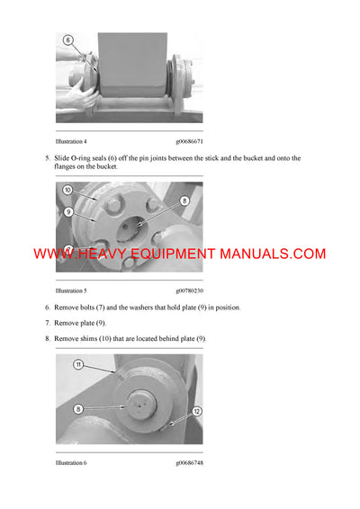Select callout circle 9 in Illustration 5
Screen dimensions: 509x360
point(67,211)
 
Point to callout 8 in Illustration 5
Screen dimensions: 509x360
point(184,201)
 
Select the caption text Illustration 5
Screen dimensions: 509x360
point(71,291)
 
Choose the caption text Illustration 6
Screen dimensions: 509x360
point(71,464)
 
